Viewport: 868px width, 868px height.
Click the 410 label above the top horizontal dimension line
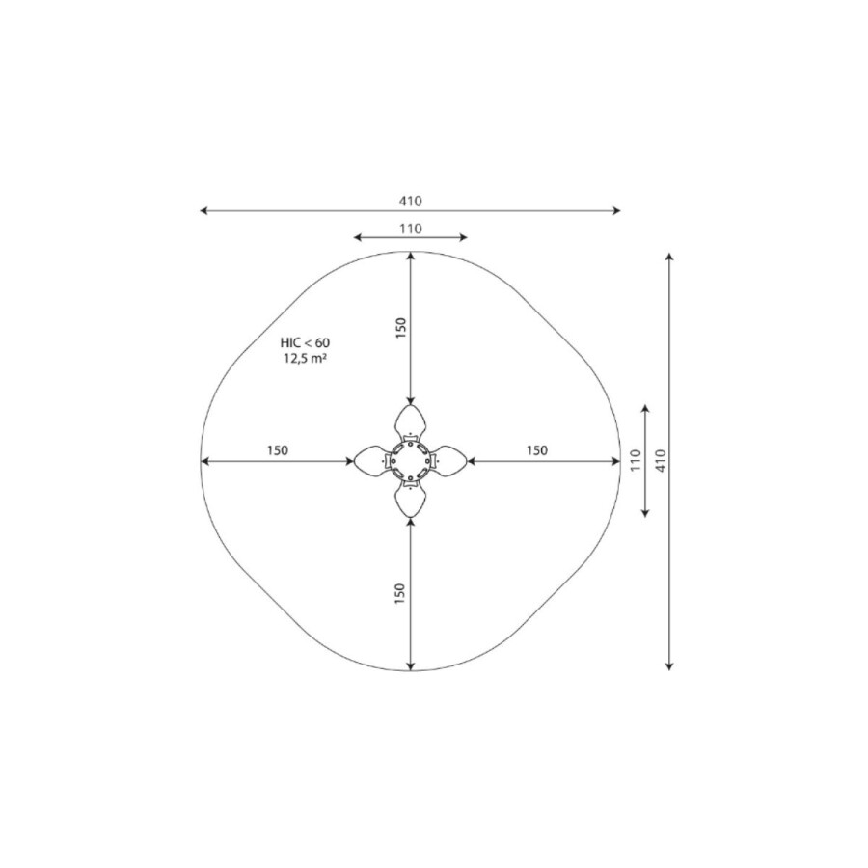click(410, 202)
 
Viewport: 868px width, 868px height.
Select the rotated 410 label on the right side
click(661, 461)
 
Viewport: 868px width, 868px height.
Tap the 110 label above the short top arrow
click(410, 229)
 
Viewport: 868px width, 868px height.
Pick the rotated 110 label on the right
click(636, 461)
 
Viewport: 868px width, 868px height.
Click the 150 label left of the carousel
click(278, 450)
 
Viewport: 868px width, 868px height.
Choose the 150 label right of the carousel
click(537, 450)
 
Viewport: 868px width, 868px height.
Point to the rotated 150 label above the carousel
click(401, 328)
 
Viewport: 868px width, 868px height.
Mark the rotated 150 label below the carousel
click(399, 594)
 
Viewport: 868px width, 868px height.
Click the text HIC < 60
click(305, 343)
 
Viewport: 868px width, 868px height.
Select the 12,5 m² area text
click(305, 358)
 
